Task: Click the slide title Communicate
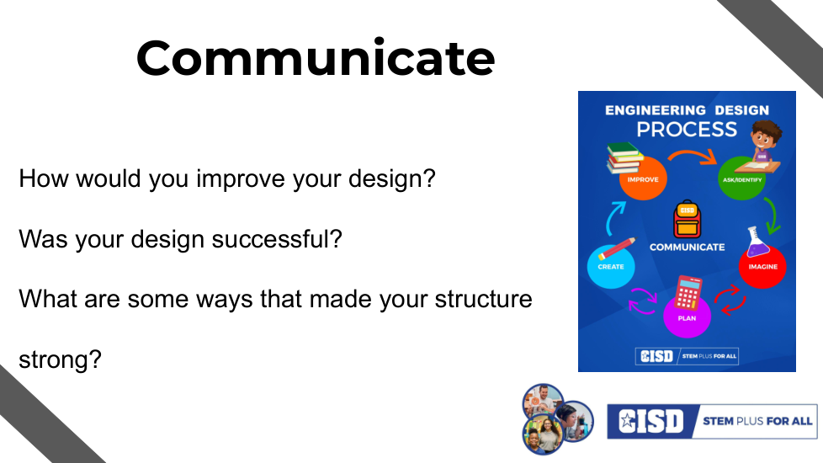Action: coord(316,58)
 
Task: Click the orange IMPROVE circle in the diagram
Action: coord(642,178)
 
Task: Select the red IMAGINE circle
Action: coord(762,266)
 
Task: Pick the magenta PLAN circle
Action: coord(687,317)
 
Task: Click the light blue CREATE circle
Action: coord(611,266)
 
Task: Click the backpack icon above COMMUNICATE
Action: coord(687,220)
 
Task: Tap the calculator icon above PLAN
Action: coord(688,292)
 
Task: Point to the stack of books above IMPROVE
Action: coord(624,157)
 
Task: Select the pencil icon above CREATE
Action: coord(616,248)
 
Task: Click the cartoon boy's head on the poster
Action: coord(765,135)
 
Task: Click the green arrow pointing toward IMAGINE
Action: coord(773,216)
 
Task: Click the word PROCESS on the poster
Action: coord(687,130)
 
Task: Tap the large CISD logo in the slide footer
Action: coord(650,421)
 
